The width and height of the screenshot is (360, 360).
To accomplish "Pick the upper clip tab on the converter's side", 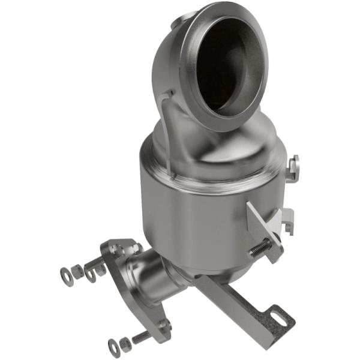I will pos(293,167).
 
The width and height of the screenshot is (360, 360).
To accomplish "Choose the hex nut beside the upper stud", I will pos(78,271).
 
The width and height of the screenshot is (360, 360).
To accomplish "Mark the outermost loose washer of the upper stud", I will pos(66,277).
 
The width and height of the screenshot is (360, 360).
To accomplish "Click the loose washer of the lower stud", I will pos(114,346).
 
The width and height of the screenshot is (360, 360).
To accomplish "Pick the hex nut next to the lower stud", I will pos(125,343).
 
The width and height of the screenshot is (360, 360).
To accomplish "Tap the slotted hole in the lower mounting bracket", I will pos(277,315).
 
